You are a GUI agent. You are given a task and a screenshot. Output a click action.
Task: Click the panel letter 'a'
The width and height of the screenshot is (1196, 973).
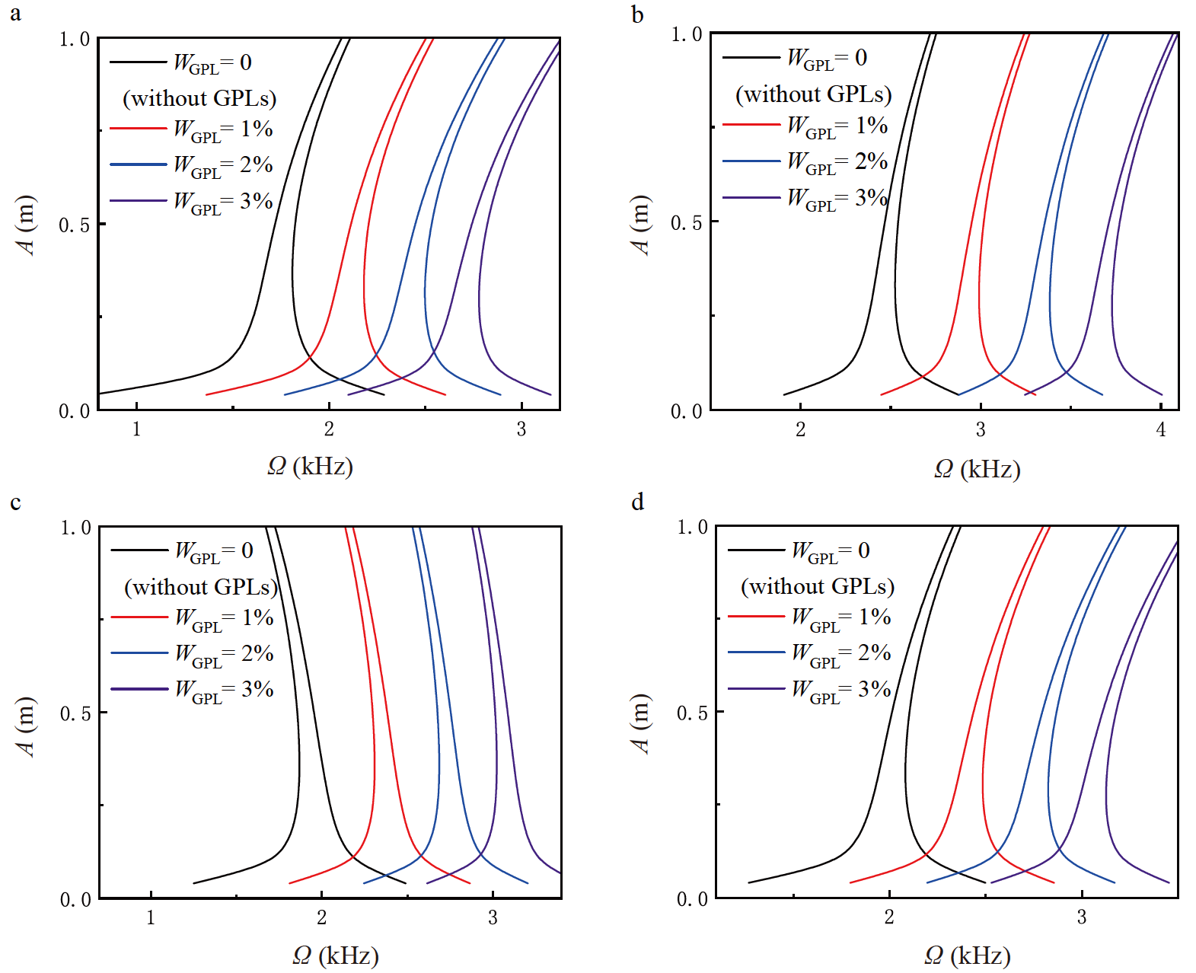coord(15,14)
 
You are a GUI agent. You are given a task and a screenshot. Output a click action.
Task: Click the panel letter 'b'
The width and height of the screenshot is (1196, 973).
coord(638,14)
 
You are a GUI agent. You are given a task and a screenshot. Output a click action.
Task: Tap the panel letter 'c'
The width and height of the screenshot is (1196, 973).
coord(15,503)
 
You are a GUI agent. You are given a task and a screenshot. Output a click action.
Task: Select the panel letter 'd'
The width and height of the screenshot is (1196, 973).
coord(638,502)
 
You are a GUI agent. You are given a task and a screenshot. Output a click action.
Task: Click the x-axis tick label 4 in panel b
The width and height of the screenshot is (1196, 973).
coord(1160,429)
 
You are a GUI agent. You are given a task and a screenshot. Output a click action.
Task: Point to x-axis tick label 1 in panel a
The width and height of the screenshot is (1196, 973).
coord(136,429)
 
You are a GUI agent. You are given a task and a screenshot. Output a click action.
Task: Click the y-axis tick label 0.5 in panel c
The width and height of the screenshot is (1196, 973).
coord(75,714)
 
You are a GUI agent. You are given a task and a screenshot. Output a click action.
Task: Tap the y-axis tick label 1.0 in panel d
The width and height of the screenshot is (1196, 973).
coord(692,528)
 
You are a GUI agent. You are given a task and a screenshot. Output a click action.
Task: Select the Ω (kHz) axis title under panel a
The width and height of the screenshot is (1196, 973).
coord(310,466)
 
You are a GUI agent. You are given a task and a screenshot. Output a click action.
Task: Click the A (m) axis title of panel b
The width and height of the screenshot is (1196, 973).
coord(640,225)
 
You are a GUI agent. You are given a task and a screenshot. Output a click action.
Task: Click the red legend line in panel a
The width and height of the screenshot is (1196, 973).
coord(138,129)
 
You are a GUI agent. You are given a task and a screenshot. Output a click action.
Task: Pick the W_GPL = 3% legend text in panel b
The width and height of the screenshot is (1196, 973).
coord(837,199)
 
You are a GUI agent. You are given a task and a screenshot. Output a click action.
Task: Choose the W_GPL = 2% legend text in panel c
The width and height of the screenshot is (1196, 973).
coord(224,654)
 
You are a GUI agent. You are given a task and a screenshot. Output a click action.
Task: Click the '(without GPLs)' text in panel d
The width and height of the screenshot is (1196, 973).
coord(817,586)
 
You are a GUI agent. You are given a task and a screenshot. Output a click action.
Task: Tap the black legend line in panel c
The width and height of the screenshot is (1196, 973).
coord(139,550)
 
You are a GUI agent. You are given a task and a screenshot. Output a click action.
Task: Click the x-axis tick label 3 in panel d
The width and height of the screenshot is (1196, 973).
coord(1081,917)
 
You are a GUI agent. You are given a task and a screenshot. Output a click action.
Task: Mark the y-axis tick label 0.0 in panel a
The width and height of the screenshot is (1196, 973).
coord(74,412)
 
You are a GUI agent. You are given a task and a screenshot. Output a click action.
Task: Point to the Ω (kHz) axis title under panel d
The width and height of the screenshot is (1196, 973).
coord(967,955)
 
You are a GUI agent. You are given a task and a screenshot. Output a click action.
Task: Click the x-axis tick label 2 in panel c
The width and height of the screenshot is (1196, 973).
coord(321,918)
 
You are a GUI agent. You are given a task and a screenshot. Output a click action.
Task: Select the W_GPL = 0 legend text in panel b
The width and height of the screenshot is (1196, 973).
coord(827,58)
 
